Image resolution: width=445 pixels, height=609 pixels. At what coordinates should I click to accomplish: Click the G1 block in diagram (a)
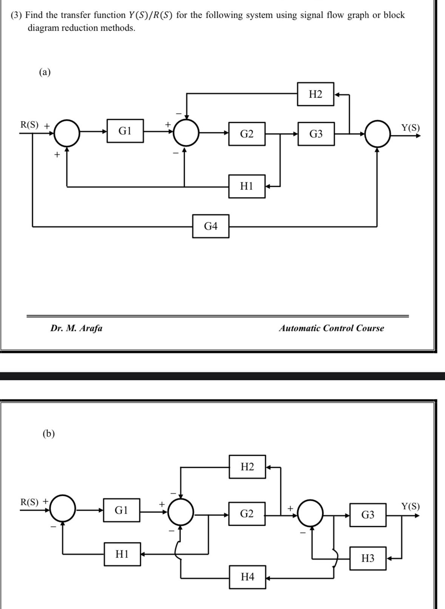tap(125, 131)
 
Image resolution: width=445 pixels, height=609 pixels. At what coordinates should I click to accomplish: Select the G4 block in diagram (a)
tap(210, 226)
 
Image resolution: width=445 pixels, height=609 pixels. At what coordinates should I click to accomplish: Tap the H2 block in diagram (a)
tap(315, 94)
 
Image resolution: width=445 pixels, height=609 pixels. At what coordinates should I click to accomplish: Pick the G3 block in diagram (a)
tap(316, 134)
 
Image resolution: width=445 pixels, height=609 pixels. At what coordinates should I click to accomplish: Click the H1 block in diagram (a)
tap(247, 186)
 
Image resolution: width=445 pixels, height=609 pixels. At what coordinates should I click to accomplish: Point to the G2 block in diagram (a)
tap(247, 134)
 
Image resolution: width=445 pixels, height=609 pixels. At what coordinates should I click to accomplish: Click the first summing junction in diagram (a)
tap(67, 133)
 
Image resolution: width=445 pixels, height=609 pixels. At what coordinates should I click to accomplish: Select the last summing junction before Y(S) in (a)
tap(377, 134)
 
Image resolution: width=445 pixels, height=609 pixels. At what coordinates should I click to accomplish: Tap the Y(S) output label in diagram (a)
tap(410, 127)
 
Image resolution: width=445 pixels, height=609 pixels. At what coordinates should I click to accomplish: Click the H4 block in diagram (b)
tap(247, 577)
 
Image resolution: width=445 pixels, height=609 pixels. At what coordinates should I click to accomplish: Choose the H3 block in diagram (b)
tap(368, 558)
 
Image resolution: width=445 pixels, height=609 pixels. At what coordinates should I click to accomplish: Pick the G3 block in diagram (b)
tap(368, 515)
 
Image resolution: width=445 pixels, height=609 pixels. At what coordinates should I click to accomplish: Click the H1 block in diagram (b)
tap(122, 554)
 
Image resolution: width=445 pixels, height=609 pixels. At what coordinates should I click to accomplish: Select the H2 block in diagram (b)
tap(247, 467)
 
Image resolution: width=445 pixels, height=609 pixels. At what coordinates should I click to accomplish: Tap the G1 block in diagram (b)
tap(121, 510)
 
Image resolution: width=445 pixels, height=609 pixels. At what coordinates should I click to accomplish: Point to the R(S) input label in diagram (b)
tap(29, 502)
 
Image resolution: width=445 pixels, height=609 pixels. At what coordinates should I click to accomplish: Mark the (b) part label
tap(49, 433)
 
